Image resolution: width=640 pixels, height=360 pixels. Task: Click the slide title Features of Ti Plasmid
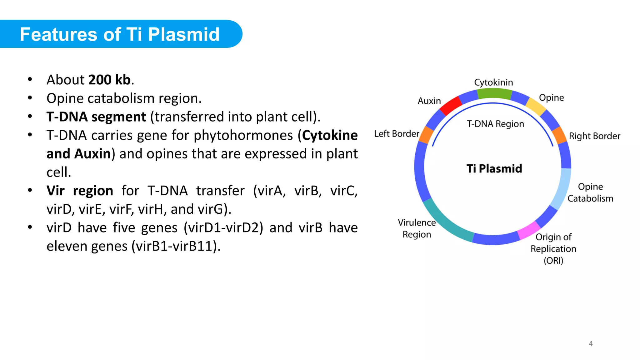(x=120, y=34)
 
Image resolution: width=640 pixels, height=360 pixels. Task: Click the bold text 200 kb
(x=109, y=80)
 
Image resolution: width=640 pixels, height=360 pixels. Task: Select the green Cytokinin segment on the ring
(x=494, y=93)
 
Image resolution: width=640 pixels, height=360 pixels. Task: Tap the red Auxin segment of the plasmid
(x=450, y=105)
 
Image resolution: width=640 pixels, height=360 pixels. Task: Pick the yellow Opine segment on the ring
(x=536, y=106)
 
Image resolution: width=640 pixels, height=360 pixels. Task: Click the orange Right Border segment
(x=559, y=135)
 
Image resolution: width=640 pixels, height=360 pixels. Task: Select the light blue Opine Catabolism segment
(x=562, y=189)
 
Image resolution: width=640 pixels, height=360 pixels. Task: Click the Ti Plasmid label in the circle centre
(x=494, y=168)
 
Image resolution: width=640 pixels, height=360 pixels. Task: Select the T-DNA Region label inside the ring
(x=495, y=124)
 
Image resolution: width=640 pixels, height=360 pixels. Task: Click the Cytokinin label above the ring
(x=493, y=82)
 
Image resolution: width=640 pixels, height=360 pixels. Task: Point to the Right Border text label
(x=594, y=136)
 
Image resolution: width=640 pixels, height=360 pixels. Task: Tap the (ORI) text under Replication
(x=553, y=260)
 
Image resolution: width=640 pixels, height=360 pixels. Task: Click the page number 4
(x=591, y=343)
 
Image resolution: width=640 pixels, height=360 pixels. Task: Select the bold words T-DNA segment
(x=96, y=117)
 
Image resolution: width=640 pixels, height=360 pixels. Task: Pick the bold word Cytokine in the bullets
(x=330, y=135)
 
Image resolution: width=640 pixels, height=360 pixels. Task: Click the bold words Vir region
(x=80, y=191)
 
